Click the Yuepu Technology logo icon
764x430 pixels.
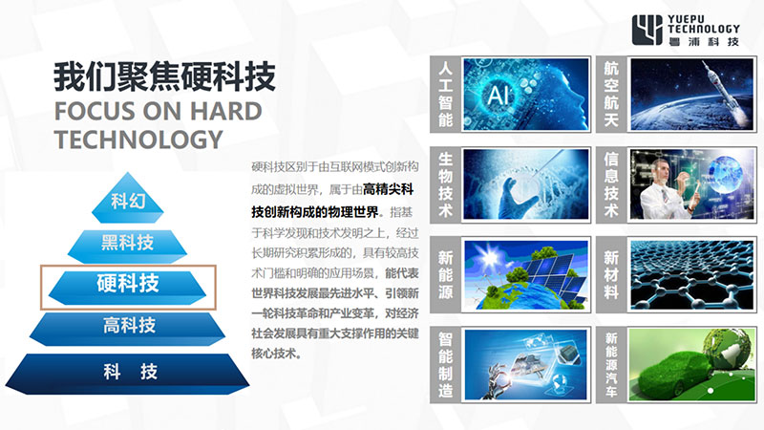point(647,30)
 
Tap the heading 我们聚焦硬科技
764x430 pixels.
point(164,76)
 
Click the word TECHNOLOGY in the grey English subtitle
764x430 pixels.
point(138,140)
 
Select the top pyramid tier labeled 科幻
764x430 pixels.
point(128,199)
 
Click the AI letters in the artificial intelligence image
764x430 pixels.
point(499,94)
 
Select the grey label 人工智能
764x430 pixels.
point(445,94)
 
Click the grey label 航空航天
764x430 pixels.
point(611,94)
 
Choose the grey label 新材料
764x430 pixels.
point(611,274)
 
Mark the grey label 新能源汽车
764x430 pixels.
point(611,365)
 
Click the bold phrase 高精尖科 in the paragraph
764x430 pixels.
point(388,189)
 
